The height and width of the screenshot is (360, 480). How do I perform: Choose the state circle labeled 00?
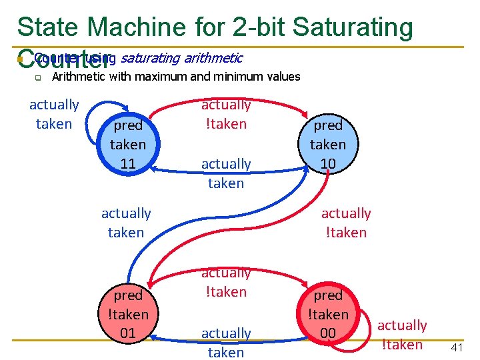[x=327, y=313]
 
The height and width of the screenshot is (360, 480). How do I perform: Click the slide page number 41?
[x=457, y=347]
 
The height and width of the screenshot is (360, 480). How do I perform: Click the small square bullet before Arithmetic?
[x=38, y=77]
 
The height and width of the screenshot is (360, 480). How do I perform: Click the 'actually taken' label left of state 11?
[x=54, y=114]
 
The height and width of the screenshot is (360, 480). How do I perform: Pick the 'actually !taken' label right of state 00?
[x=402, y=335]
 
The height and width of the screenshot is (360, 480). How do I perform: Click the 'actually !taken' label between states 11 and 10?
[x=226, y=114]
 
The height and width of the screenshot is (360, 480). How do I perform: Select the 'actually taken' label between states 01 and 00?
[x=226, y=343]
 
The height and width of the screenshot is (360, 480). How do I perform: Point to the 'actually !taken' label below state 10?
[x=345, y=223]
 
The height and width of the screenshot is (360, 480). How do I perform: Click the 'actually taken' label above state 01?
[x=126, y=223]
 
